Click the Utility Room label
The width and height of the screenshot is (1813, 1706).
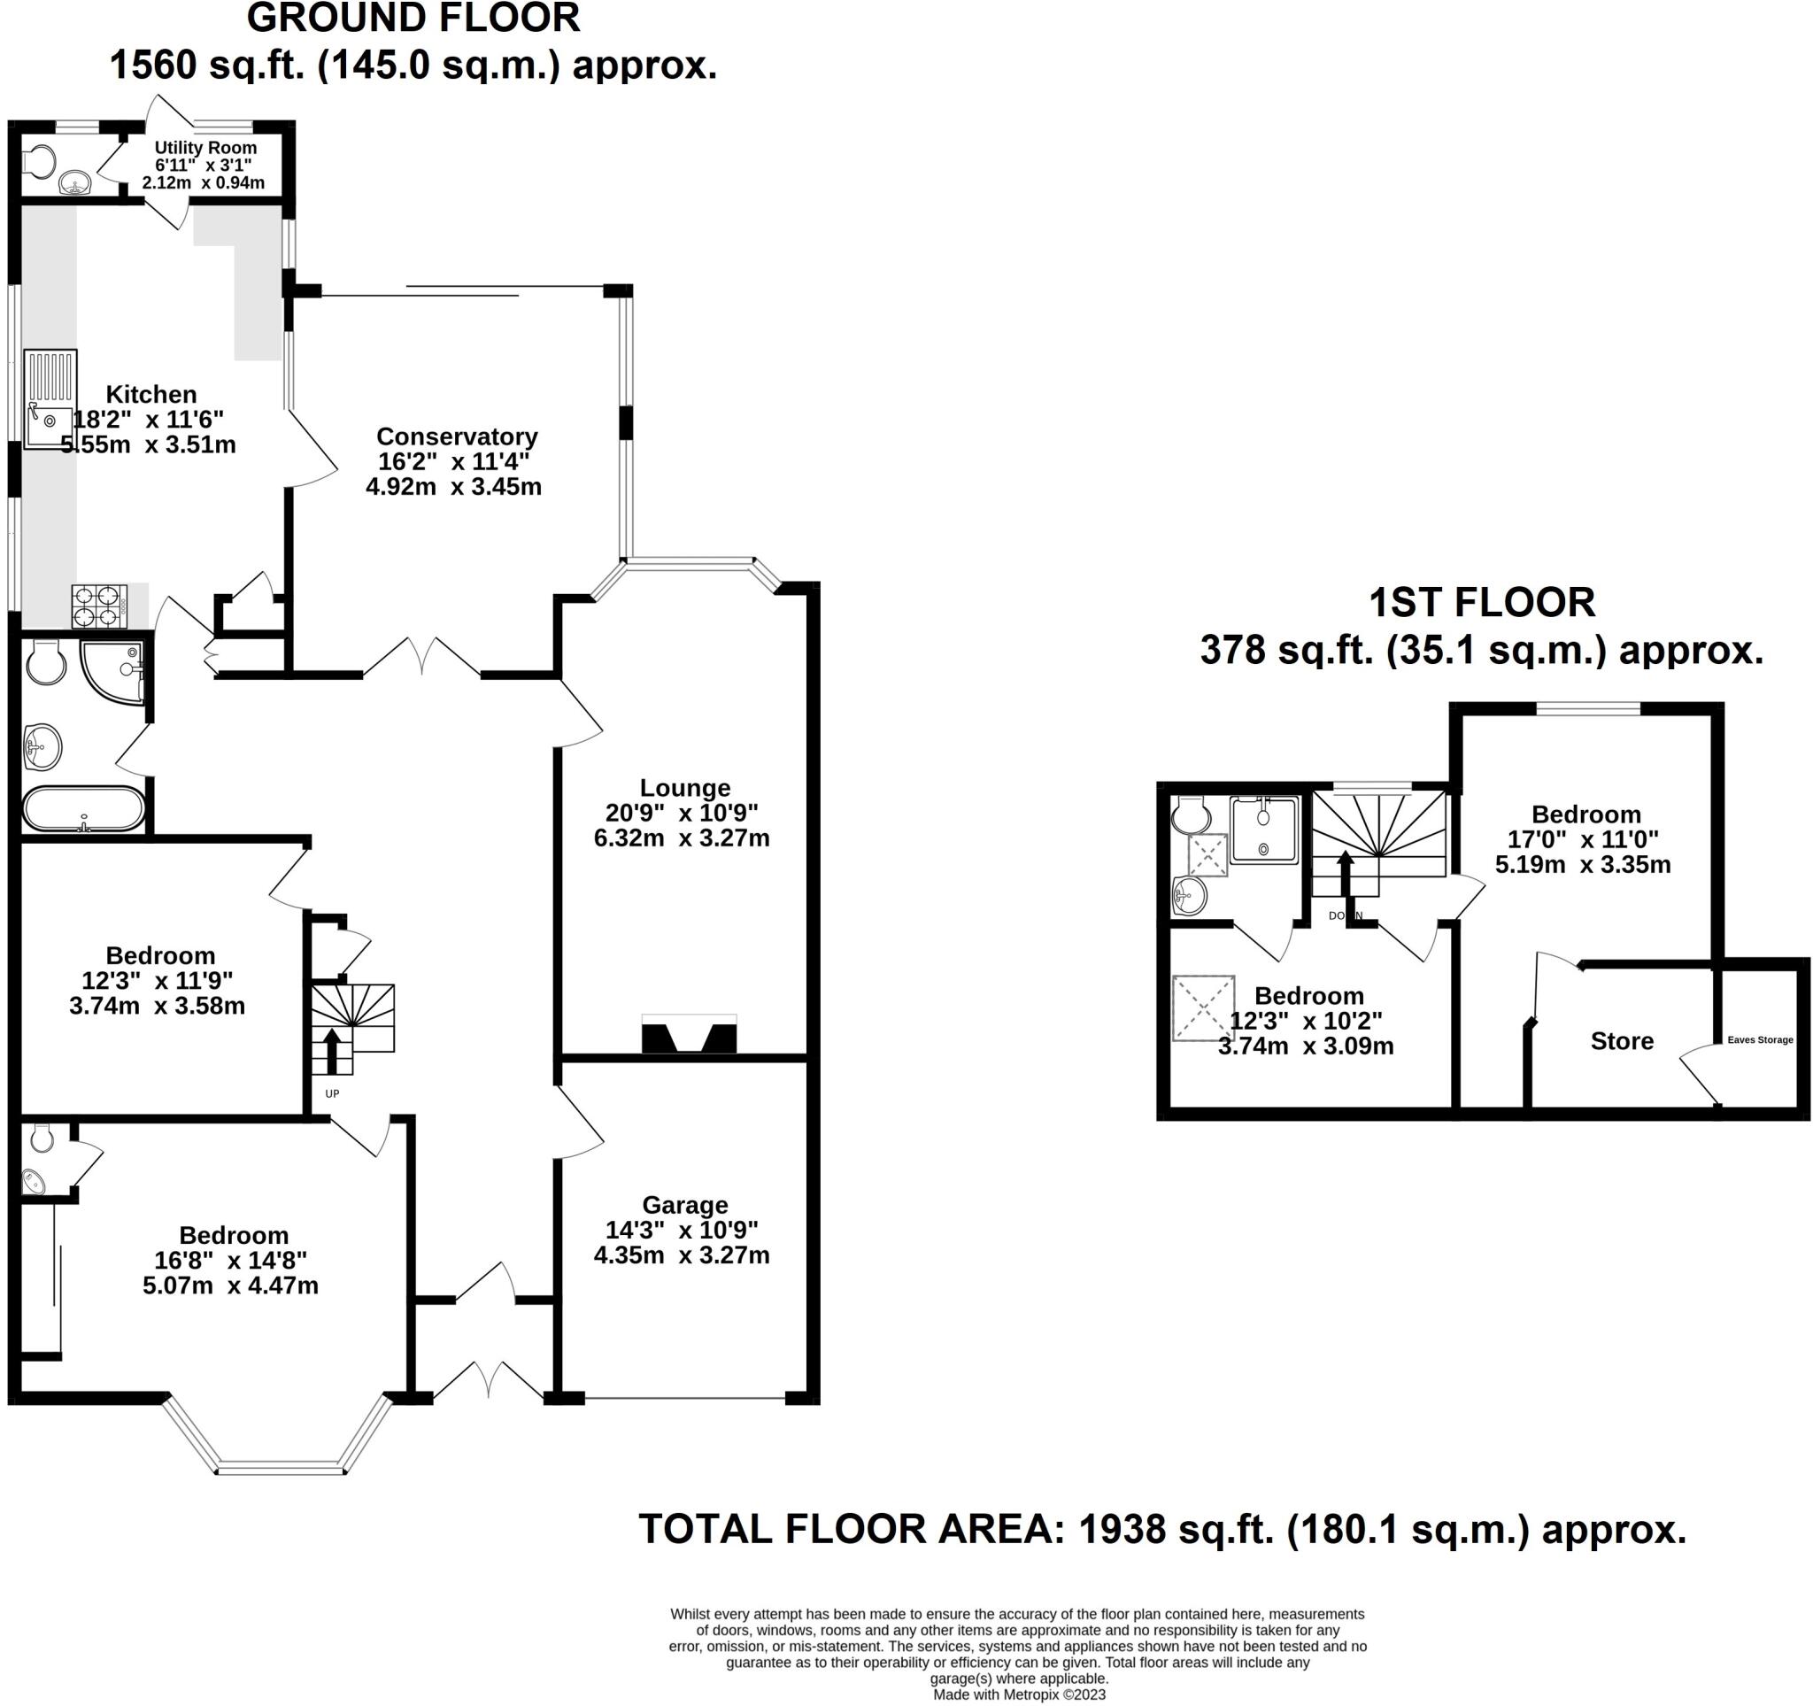(x=205, y=148)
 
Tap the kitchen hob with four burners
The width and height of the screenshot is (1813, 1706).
(x=99, y=606)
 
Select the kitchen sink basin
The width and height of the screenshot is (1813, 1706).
(x=49, y=421)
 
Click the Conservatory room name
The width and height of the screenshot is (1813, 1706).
(x=457, y=436)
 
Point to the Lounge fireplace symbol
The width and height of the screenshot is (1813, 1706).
(x=689, y=1036)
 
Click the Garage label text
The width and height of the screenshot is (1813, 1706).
(x=685, y=1206)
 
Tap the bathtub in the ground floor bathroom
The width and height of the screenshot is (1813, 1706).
(x=83, y=809)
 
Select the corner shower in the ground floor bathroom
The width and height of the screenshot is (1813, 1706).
(x=112, y=671)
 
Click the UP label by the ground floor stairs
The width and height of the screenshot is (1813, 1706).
(x=332, y=1093)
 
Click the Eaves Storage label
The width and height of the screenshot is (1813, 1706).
(x=1760, y=1039)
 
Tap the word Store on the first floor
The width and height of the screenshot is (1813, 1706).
(x=1622, y=1041)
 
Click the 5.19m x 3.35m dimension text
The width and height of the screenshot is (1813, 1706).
(x=1583, y=864)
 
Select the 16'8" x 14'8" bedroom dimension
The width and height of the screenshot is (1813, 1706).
(x=231, y=1260)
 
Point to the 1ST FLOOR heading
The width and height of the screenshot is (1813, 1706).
(x=1482, y=603)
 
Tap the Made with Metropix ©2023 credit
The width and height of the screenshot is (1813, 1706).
(x=1019, y=1694)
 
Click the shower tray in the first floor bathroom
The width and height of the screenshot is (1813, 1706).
(x=1263, y=830)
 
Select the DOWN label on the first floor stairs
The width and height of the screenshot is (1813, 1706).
(x=1346, y=915)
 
